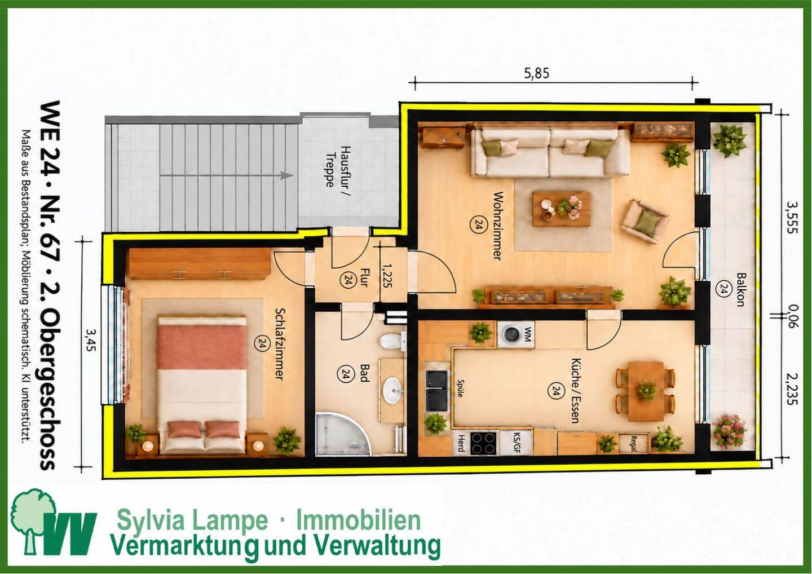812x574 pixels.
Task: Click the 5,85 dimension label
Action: (x=536, y=73)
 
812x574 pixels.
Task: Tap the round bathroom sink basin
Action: (x=392, y=391)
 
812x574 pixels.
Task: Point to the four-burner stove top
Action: (x=484, y=443)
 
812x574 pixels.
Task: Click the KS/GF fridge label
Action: (x=515, y=443)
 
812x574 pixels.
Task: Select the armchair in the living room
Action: (x=644, y=222)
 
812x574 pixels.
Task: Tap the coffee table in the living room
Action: (x=562, y=209)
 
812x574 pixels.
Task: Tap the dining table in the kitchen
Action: (x=646, y=391)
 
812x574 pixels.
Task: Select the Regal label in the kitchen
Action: (x=633, y=443)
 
